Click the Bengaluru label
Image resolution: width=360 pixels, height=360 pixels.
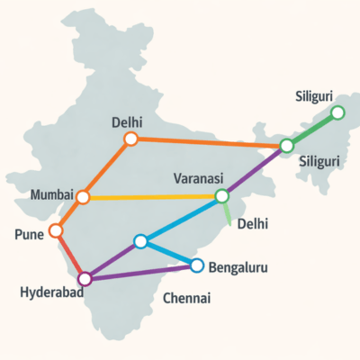point(238,267)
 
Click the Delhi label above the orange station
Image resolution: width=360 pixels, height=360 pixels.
point(128,121)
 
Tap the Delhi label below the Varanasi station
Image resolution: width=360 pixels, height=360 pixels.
point(254,224)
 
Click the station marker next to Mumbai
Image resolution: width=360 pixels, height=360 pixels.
point(84,196)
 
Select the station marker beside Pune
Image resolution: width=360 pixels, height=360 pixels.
point(56,230)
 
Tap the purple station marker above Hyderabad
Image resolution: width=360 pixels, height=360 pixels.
point(85,278)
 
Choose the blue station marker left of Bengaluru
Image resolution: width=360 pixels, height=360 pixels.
point(197,265)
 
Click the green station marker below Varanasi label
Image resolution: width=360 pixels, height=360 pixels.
point(221,196)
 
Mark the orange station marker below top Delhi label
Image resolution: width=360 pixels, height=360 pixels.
point(130,139)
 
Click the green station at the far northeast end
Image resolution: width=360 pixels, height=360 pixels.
point(337,112)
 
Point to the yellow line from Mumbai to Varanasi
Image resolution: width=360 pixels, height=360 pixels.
point(153,196)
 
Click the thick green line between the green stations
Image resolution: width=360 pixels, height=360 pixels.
point(312,129)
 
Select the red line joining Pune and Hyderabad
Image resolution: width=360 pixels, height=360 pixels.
point(70,255)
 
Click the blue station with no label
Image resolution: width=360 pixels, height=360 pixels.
point(139,241)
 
